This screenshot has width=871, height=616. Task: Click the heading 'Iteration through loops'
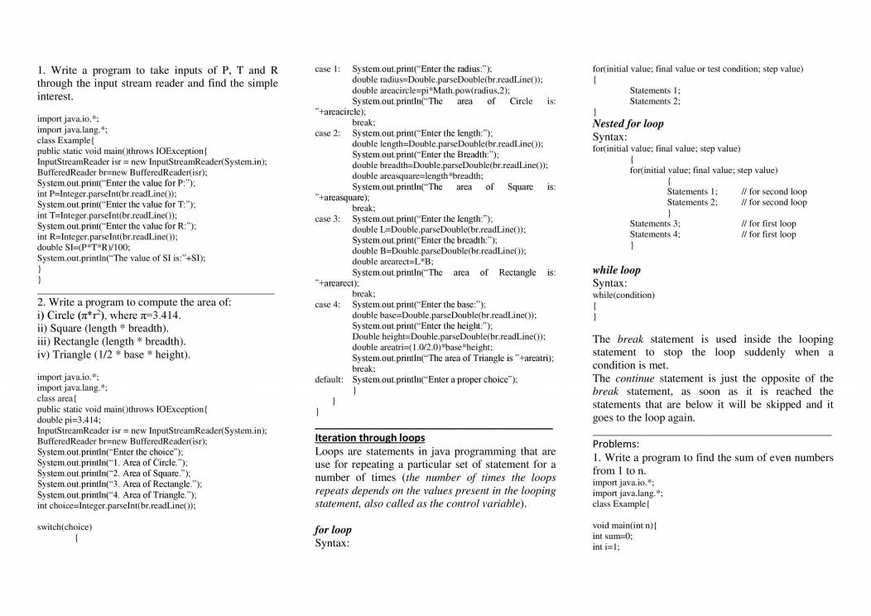370,437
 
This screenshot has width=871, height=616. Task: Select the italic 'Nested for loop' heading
628,123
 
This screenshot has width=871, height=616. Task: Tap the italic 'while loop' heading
616,270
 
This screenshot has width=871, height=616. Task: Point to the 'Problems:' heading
615,443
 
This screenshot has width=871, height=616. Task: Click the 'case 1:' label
328,69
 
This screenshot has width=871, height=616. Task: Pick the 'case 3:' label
328,219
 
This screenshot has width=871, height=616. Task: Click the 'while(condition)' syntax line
623,295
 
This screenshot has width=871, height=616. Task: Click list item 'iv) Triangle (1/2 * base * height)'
113,354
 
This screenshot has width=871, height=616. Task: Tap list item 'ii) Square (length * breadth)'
103,328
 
